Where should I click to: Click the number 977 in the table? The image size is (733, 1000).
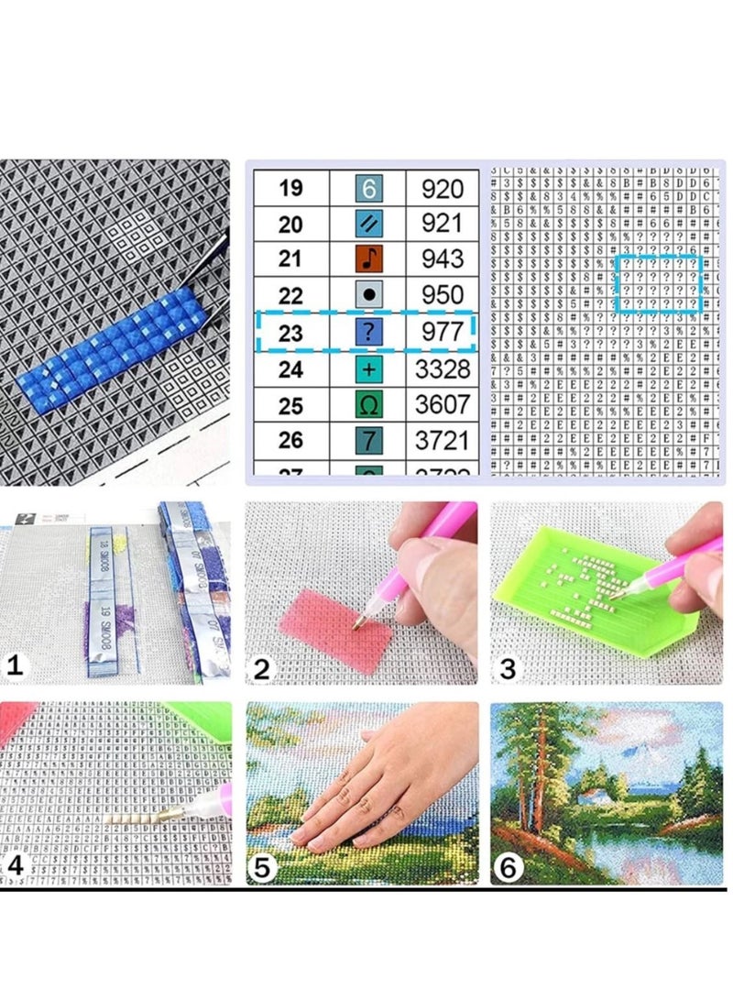pyautogui.click(x=443, y=332)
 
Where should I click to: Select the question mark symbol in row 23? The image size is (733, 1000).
pyautogui.click(x=367, y=332)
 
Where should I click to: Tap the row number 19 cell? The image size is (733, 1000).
pyautogui.click(x=290, y=189)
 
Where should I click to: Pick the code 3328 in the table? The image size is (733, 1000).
pyautogui.click(x=443, y=368)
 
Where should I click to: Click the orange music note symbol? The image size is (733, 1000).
pyautogui.click(x=367, y=259)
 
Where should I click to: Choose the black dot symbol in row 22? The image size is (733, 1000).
pyautogui.click(x=367, y=296)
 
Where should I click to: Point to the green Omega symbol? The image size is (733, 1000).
pyautogui.click(x=367, y=404)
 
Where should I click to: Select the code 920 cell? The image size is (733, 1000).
pyautogui.click(x=443, y=189)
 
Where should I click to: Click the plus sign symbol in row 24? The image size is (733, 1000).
pyautogui.click(x=367, y=368)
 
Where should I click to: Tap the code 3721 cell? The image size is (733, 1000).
pyautogui.click(x=443, y=440)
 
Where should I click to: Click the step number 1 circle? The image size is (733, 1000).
pyautogui.click(x=14, y=667)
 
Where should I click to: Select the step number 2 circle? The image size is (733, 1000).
pyautogui.click(x=263, y=669)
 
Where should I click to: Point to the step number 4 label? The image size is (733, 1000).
pyautogui.click(x=15, y=865)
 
